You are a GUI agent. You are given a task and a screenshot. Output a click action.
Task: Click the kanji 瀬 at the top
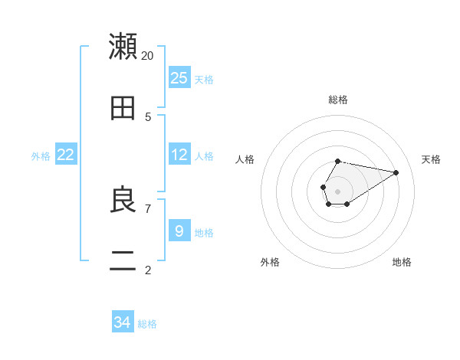click(123, 46)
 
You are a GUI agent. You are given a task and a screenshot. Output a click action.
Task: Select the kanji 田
click(123, 109)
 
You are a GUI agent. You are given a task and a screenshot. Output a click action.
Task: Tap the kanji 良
click(123, 200)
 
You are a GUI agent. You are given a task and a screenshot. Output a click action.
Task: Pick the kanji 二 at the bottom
click(123, 262)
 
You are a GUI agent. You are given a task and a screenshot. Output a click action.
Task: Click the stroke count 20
click(147, 55)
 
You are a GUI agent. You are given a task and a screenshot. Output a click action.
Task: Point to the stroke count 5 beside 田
click(148, 117)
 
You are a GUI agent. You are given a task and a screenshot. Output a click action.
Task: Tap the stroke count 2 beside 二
click(148, 270)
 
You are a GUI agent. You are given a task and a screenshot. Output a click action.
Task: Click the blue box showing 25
click(179, 78)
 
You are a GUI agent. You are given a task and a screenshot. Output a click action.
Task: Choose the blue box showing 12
click(179, 155)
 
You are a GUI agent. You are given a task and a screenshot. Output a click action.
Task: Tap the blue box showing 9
click(179, 231)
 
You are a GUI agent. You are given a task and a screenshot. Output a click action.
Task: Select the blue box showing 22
click(65, 155)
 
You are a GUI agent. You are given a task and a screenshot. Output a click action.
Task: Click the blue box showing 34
click(122, 322)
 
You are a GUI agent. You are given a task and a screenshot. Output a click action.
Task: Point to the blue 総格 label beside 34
click(147, 324)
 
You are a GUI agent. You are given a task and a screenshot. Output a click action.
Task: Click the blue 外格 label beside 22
click(41, 156)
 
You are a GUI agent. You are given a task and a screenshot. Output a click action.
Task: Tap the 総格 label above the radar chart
click(337, 100)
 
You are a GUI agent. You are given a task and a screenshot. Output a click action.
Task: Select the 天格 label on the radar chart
click(431, 159)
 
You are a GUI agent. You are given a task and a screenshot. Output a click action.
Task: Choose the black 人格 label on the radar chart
click(245, 159)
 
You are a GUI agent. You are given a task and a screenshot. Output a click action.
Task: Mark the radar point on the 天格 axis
click(396, 172)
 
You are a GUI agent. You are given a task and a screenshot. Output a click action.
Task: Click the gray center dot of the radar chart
click(337, 191)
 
